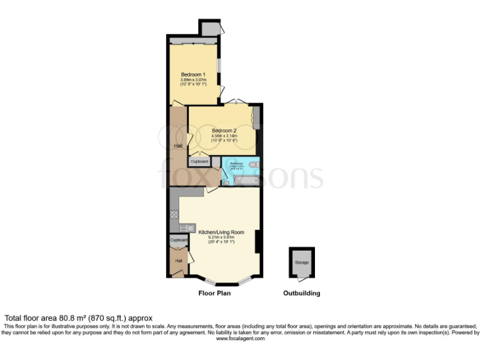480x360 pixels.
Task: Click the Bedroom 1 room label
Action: pyautogui.click(x=193, y=76)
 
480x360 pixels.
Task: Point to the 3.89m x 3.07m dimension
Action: pyautogui.click(x=193, y=80)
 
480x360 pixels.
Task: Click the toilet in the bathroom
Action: pyautogui.click(x=253, y=165)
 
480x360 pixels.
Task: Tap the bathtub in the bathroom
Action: pyautogui.click(x=244, y=181)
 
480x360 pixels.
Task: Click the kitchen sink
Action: pyautogui.click(x=186, y=227)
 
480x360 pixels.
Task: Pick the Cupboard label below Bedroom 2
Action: pyautogui.click(x=199, y=161)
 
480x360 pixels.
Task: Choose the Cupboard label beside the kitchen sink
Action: pyautogui.click(x=178, y=240)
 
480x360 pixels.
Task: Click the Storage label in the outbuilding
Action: pyautogui.click(x=301, y=262)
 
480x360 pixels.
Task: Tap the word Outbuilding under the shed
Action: pyautogui.click(x=301, y=293)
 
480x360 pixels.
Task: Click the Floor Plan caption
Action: pyautogui.click(x=214, y=293)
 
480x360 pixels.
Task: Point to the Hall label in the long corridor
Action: pyautogui.click(x=178, y=146)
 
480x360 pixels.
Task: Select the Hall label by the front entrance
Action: pyautogui.click(x=178, y=261)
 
